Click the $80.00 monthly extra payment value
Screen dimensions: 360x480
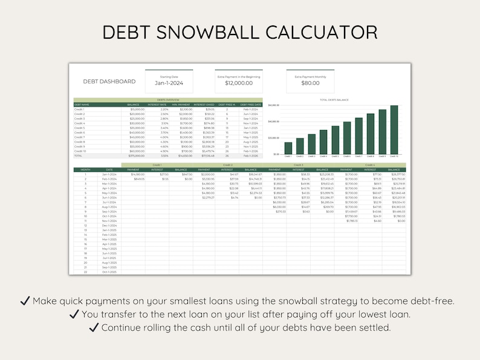(310, 83)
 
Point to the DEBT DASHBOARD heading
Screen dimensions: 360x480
(109, 81)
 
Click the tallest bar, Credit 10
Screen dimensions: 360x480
(394, 130)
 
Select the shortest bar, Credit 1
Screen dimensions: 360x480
(288, 148)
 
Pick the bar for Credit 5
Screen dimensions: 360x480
(335, 140)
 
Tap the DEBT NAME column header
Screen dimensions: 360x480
(82, 104)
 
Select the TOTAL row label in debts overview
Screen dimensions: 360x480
(78, 155)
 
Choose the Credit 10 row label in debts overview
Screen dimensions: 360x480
(80, 151)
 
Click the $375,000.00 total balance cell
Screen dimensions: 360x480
(136, 155)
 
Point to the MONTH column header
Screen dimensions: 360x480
(85, 169)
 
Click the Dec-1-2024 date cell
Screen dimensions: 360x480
(109, 226)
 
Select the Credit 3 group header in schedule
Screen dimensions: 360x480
(298, 165)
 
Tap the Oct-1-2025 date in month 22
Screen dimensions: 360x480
(109, 272)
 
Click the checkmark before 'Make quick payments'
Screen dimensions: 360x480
(25, 301)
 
